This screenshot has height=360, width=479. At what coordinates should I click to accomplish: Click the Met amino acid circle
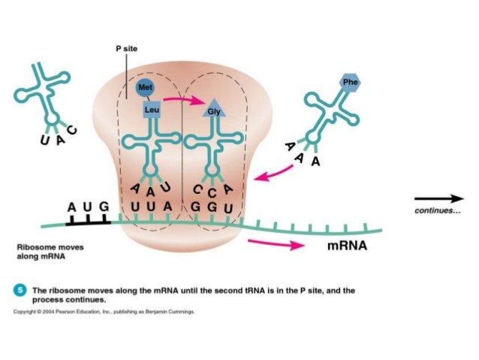tap(146, 88)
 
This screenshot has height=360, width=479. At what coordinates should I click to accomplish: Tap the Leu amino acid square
tap(151, 110)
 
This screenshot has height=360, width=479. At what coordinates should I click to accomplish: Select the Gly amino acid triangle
tap(213, 111)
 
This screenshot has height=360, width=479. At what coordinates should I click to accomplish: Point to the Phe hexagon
tap(351, 81)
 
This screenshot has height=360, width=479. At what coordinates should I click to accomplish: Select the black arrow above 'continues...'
tap(439, 198)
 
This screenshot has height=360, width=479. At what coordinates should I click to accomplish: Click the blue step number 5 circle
tap(23, 289)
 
